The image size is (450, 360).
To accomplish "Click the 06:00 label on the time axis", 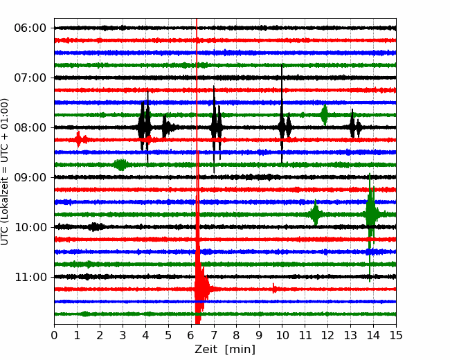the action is [x=30, y=28].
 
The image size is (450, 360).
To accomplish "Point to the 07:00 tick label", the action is [x=30, y=78].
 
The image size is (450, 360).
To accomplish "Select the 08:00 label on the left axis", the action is [x=30, y=127].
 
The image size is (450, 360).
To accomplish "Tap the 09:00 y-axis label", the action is [x=30, y=177].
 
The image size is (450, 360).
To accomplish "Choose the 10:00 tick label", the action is [x=30, y=227].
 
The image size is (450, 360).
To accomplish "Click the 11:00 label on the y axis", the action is [x=30, y=277].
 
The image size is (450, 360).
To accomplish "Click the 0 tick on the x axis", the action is [x=54, y=335].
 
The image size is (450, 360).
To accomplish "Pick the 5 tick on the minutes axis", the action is [x=168, y=335].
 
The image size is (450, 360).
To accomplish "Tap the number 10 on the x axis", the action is [x=282, y=335].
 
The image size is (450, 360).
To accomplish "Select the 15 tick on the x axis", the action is [x=396, y=335].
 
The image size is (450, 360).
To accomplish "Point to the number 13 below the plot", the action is [x=350, y=335].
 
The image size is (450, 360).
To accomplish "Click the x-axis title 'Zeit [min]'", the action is [x=225, y=350].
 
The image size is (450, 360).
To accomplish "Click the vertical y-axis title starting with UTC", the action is [x=5, y=172].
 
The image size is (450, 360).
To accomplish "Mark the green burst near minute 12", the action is [x=325, y=115].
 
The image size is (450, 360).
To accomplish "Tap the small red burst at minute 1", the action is [x=78, y=140].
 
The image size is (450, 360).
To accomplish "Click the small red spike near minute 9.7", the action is [x=274, y=289].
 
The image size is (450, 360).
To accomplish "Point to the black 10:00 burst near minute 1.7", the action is [x=94, y=227].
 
